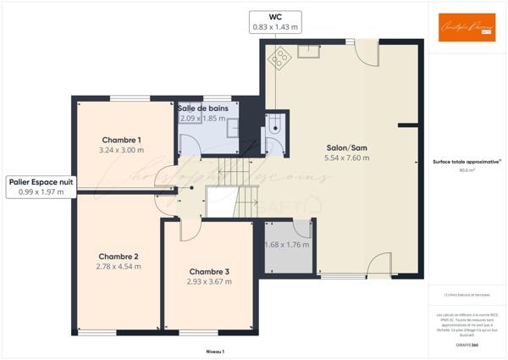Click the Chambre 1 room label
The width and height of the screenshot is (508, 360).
121,140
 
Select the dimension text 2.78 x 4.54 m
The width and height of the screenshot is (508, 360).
119,267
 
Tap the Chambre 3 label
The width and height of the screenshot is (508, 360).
209,272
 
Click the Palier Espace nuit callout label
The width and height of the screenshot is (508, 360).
41,181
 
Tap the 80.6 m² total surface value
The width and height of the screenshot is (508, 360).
467,170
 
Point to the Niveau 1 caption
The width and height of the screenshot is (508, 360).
214,351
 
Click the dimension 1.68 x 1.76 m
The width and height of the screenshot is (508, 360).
287,246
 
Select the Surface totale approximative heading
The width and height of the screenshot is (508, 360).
467,161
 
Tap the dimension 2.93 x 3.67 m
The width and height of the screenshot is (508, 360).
209,282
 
